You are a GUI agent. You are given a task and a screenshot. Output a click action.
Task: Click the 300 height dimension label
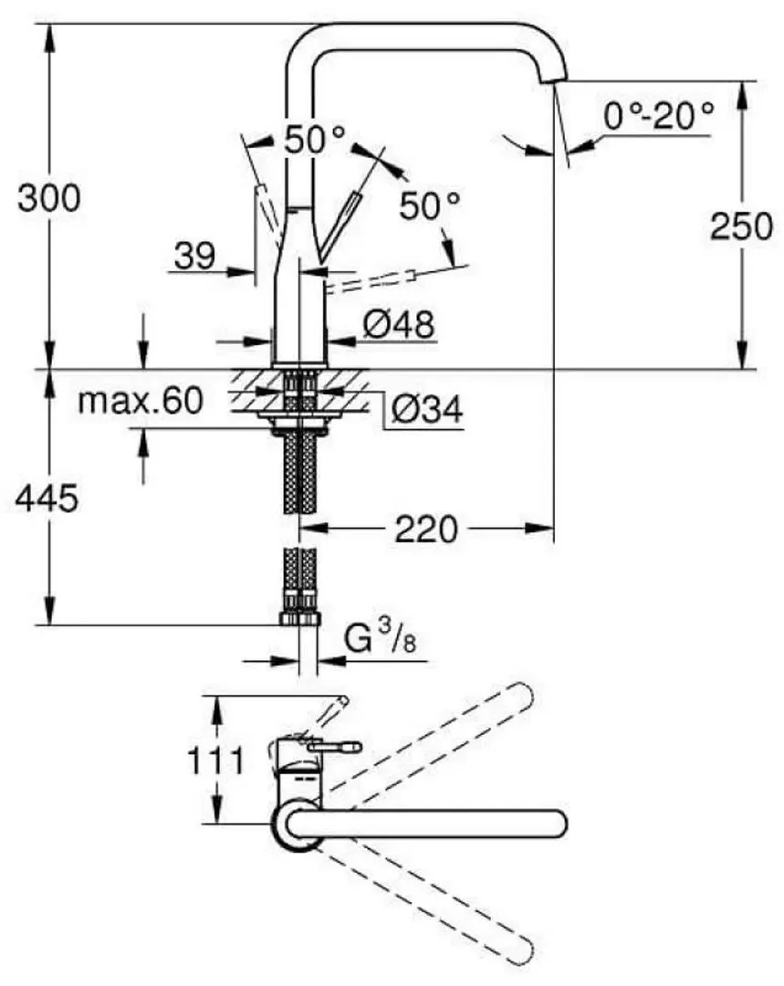(48, 197)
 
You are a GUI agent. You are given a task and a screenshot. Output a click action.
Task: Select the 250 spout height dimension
(741, 226)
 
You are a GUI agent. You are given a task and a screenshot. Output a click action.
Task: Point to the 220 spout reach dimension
(425, 528)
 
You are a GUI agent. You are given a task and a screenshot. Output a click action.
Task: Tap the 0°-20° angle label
(657, 116)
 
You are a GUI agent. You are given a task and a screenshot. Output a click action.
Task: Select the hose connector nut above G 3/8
(299, 618)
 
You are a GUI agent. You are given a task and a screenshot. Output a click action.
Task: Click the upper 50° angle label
(315, 139)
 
